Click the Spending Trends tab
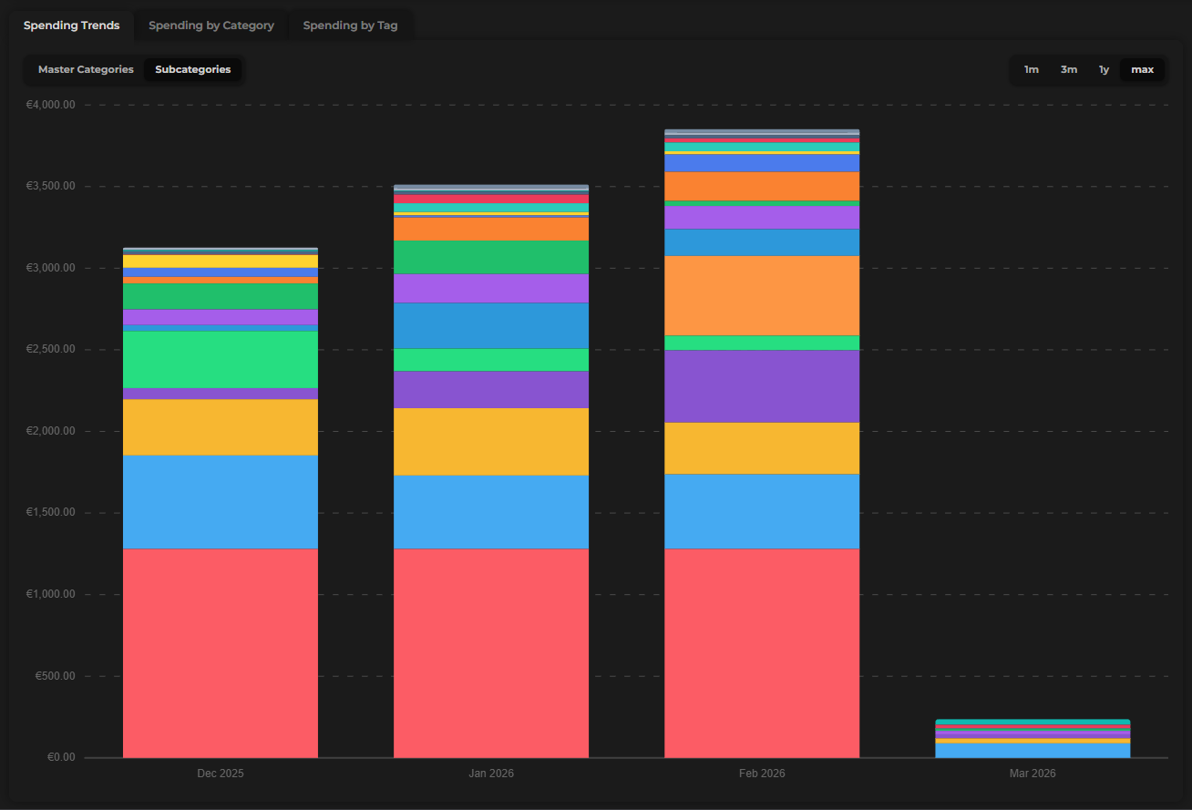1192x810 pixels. click(71, 26)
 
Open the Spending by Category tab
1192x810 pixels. click(211, 26)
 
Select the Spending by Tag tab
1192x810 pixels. click(350, 26)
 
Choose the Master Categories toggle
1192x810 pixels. click(86, 69)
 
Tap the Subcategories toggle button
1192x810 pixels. click(192, 69)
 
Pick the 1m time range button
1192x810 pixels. click(1031, 69)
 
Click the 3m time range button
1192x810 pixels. click(1068, 69)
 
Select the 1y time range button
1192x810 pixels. click(1104, 69)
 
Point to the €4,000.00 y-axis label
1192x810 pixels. click(51, 105)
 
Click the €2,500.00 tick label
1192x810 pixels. click(51, 350)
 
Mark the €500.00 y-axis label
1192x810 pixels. click(57, 676)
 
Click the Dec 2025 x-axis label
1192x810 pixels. click(221, 773)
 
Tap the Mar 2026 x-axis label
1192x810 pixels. click(1033, 773)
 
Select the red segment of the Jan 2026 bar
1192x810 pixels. click(491, 652)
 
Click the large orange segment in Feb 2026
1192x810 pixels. click(762, 295)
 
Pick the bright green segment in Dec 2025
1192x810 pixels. click(221, 359)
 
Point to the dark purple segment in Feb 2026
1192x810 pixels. click(762, 385)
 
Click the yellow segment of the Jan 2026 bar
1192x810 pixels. click(491, 441)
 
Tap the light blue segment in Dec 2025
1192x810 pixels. click(221, 501)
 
